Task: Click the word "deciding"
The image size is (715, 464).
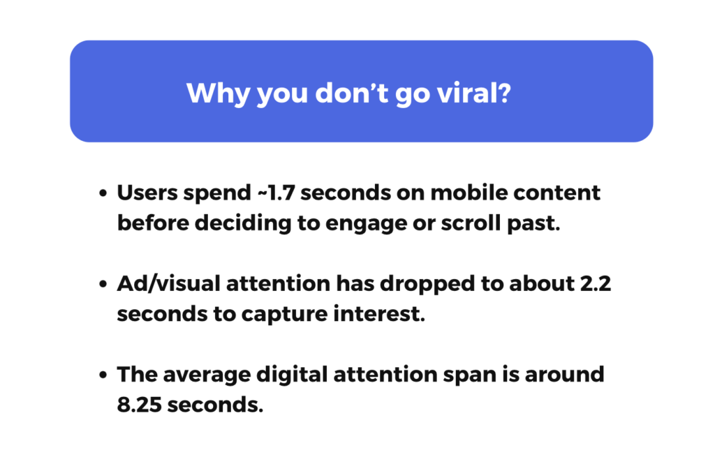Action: click(x=242, y=224)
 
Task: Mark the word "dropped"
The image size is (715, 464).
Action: click(x=406, y=284)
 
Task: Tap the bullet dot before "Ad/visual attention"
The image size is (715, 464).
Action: click(x=103, y=285)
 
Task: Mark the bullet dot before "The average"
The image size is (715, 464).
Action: click(x=103, y=375)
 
